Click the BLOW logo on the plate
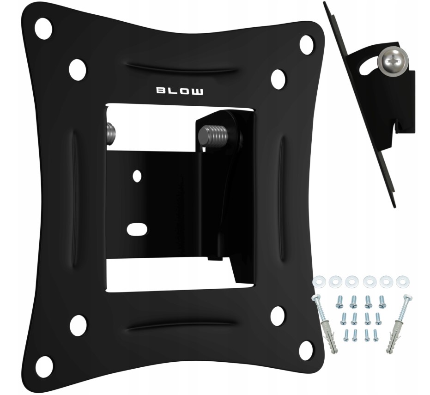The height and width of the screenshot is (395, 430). pyautogui.click(x=180, y=91)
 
